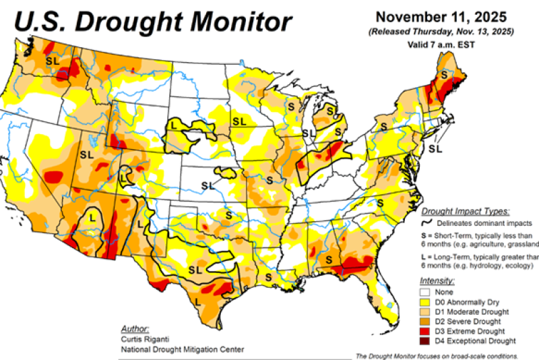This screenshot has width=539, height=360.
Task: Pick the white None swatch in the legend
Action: [424, 293]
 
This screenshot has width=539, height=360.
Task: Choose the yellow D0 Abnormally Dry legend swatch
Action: [424, 302]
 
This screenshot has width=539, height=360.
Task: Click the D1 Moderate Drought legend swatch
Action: [424, 311]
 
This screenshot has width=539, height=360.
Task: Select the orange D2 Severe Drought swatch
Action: [424, 321]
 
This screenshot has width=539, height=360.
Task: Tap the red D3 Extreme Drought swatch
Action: [424, 330]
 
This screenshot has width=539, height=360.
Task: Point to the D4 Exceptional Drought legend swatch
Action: [424, 340]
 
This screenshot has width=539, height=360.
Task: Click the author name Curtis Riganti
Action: [141, 340]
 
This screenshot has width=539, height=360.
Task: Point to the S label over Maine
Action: [444, 76]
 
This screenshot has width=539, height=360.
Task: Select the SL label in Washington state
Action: [52, 61]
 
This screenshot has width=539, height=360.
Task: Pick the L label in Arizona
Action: [92, 217]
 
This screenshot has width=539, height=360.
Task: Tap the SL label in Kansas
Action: [208, 185]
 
